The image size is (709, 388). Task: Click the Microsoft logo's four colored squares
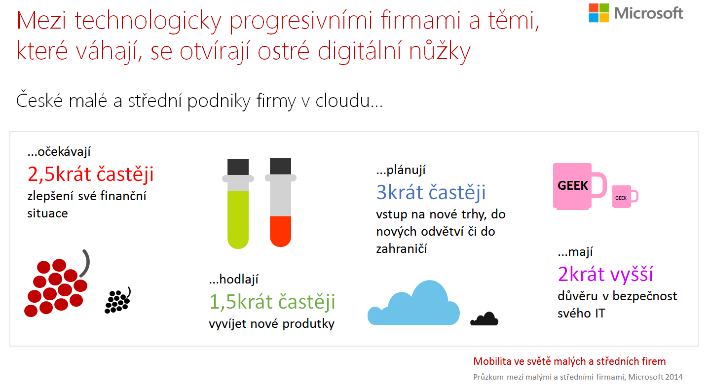click(x=598, y=13)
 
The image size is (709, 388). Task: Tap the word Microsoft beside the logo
click(x=648, y=13)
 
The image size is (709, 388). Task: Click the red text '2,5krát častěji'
click(x=90, y=174)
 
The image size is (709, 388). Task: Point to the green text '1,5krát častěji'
click(x=272, y=302)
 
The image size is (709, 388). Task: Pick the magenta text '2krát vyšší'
click(x=605, y=274)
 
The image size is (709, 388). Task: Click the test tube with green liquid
click(x=238, y=204)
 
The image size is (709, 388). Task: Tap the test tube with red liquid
click(x=280, y=202)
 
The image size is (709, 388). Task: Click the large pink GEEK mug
click(x=580, y=186)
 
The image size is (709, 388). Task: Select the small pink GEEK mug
click(x=625, y=196)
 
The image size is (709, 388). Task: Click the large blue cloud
click(x=413, y=303)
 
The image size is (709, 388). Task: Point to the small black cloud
click(x=485, y=319)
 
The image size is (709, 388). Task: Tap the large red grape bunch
click(x=57, y=283)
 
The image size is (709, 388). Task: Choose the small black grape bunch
click(x=117, y=300)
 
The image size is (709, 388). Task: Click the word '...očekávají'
click(x=59, y=152)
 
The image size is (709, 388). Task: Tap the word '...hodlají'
click(x=233, y=279)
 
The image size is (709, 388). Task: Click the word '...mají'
click(x=575, y=252)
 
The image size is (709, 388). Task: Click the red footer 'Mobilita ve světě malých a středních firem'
click(x=569, y=361)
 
